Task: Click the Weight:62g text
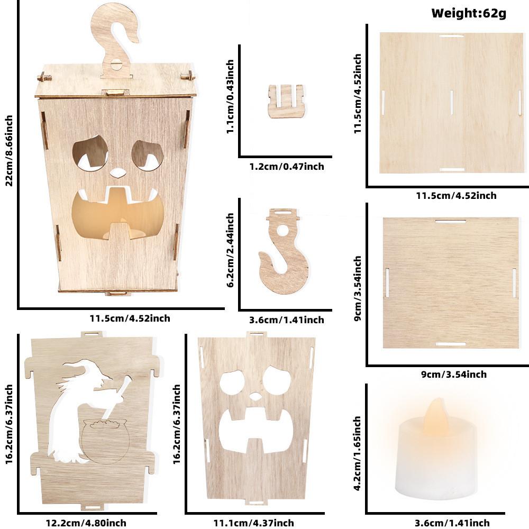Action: coord(469,13)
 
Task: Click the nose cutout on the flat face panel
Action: coord(256,396)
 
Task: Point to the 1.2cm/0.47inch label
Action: coord(286,167)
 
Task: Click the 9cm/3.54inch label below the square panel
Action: coord(453,375)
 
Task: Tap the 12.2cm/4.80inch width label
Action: coord(86,523)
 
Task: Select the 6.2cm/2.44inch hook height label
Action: coord(230,250)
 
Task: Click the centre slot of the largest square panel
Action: coord(451,101)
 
